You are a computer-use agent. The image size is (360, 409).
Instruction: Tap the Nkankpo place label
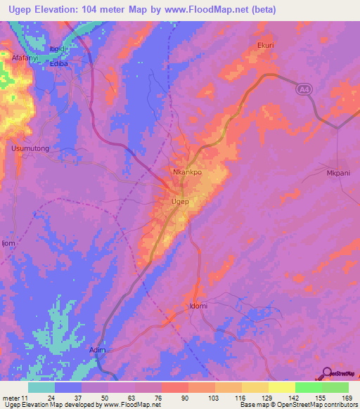pyautogui.click(x=188, y=171)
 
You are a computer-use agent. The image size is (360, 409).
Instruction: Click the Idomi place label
pyautogui.click(x=199, y=306)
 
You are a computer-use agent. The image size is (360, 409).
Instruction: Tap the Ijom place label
pyautogui.click(x=8, y=243)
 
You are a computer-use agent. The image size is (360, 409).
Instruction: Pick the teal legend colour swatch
pyautogui.click(x=41, y=387)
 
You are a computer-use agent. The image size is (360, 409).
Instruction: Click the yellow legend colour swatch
pyautogui.click(x=281, y=387)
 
